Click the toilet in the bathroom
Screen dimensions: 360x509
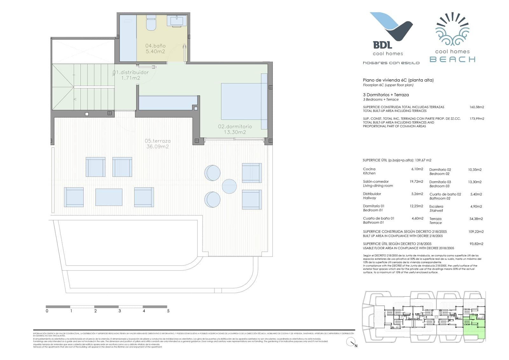click(x=151, y=24)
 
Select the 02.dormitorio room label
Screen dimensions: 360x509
click(x=235, y=129)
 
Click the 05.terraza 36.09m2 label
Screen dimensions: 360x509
click(x=157, y=144)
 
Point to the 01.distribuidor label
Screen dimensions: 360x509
click(x=131, y=75)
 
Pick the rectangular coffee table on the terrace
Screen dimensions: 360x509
click(x=109, y=197)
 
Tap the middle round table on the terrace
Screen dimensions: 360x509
click(x=229, y=186)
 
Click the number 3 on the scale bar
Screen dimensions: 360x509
click(x=120, y=311)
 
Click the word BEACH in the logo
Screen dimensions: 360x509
click(x=452, y=59)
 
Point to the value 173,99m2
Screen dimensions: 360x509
click(x=477, y=119)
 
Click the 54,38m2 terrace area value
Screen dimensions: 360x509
click(x=476, y=219)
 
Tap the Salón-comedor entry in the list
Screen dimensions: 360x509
click(x=376, y=181)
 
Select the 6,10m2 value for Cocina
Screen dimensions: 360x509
click(x=417, y=169)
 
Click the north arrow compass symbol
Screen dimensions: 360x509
click(x=351, y=342)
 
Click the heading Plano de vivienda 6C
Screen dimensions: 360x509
click(x=398, y=80)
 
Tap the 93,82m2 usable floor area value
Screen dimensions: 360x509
click(x=476, y=244)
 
